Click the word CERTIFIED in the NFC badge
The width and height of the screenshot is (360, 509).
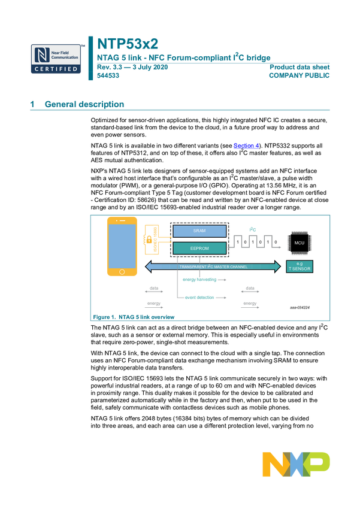point(56,69)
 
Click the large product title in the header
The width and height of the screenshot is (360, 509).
point(128,44)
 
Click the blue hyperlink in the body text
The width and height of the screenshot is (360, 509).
point(245,146)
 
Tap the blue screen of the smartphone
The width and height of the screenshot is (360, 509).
point(121,246)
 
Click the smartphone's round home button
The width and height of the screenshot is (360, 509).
point(122,271)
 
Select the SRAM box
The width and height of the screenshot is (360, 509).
point(199,231)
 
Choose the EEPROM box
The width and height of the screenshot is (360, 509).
point(199,248)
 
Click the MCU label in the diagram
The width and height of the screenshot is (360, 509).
point(300,243)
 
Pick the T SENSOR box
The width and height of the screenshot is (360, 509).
point(300,267)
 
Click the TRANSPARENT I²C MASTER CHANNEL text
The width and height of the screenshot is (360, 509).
point(213,266)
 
